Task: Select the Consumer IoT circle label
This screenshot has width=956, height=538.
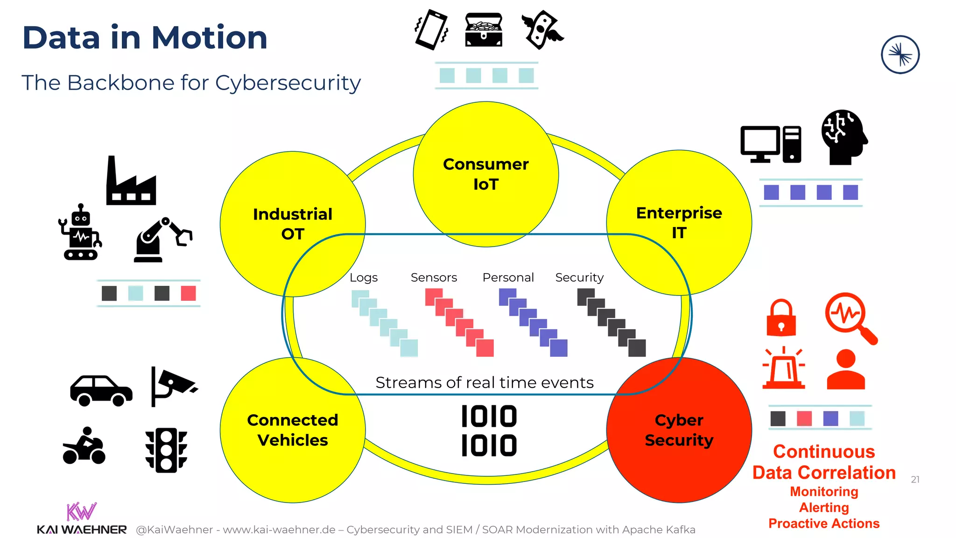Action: pos(485,174)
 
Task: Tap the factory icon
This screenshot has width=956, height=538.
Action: pos(131,182)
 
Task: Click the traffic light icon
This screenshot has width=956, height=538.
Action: pos(166,450)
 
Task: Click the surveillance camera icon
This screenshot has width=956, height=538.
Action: pos(173,386)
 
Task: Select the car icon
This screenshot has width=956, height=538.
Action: pos(101,390)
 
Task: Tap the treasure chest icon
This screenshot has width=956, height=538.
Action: pos(484,30)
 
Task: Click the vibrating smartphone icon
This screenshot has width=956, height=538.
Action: pos(431,30)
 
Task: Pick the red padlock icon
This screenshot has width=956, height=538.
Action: pos(781,318)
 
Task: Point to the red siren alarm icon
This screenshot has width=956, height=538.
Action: pos(784,369)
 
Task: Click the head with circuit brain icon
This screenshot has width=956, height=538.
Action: pos(843,137)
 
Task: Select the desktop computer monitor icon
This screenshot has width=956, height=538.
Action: pos(760,144)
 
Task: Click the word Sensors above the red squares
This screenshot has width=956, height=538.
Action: pos(434,277)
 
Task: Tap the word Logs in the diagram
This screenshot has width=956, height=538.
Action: pos(364,277)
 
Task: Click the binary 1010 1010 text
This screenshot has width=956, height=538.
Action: pos(489,431)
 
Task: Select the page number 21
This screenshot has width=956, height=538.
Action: pos(915,480)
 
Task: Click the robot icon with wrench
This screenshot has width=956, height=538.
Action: pos(80,232)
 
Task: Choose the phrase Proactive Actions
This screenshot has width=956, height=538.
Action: pos(824,524)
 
